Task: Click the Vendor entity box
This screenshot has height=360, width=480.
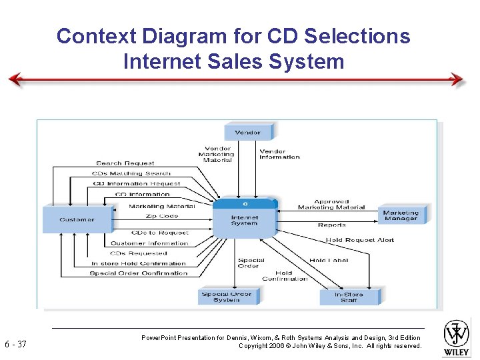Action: [248, 132]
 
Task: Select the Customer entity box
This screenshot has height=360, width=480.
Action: [77, 219]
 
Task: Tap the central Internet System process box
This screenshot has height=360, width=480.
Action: [245, 218]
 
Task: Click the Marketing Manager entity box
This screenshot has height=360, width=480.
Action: [401, 215]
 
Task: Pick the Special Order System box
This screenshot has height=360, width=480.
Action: [227, 297]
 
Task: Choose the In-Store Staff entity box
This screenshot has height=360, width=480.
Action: [349, 297]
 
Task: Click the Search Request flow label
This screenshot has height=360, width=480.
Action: [125, 163]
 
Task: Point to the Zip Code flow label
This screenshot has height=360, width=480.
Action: [162, 216]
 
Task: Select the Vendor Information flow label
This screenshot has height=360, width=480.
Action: [280, 154]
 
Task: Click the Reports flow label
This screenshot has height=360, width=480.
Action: [332, 225]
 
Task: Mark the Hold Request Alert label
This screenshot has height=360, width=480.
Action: [360, 240]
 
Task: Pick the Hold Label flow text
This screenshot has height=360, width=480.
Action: [329, 260]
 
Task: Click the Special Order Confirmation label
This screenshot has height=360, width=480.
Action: [139, 273]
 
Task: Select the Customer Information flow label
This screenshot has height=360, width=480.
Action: [149, 243]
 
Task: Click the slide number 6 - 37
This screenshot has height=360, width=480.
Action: [15, 345]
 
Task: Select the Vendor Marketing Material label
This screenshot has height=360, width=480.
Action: [217, 154]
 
